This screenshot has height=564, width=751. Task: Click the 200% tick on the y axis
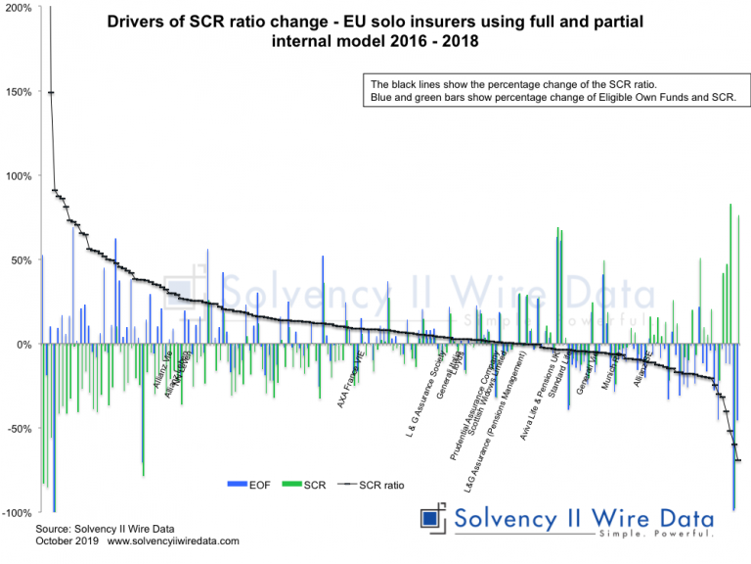(18, 8)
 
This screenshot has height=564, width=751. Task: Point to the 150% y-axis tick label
(18, 92)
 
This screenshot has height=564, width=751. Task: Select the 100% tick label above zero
(18, 176)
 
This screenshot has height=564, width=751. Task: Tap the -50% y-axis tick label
(18, 429)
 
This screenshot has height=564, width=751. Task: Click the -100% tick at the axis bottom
(16, 513)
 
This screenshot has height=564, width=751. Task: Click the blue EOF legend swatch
(236, 485)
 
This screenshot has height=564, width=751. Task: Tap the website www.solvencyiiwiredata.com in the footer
(172, 540)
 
